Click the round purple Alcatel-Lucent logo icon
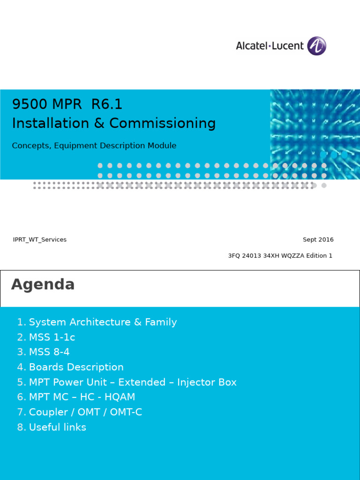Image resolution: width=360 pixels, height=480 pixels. [x=317, y=46]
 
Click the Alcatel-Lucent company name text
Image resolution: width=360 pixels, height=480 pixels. [x=270, y=46]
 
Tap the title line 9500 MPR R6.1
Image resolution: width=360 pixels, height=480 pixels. [x=67, y=104]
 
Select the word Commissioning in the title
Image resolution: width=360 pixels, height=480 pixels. [x=163, y=123]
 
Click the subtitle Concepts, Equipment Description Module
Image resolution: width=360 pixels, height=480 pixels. [x=94, y=146]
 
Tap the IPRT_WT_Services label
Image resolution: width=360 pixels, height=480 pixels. [x=40, y=240]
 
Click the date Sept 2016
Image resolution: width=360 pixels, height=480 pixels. [x=318, y=240]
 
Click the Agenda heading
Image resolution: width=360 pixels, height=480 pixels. [x=43, y=285]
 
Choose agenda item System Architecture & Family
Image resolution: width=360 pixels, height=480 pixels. [x=103, y=322]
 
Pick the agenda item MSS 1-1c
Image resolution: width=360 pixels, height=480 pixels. [x=52, y=337]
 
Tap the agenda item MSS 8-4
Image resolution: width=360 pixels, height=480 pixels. [x=49, y=352]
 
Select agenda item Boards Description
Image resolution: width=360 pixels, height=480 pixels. [x=76, y=367]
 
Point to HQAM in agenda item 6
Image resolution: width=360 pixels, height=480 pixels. [x=120, y=397]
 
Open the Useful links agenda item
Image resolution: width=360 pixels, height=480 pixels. [x=57, y=427]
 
